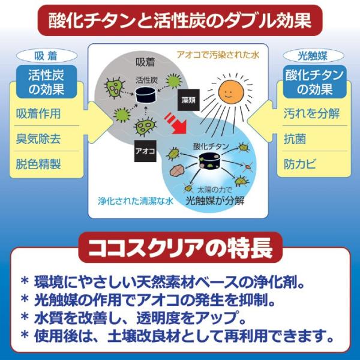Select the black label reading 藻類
(188, 100)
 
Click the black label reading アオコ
(145, 151)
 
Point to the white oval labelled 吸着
(47, 56)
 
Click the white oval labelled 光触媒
(313, 56)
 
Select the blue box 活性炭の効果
(46, 82)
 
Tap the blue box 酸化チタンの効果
(314, 82)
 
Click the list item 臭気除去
(38, 139)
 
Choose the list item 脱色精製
(38, 164)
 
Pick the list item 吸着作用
(38, 113)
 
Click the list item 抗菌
(295, 139)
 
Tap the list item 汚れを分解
(311, 113)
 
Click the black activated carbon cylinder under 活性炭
(146, 95)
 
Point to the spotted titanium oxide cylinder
(209, 161)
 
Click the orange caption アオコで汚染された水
(218, 55)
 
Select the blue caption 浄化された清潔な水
(136, 201)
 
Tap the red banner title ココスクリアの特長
(181, 247)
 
